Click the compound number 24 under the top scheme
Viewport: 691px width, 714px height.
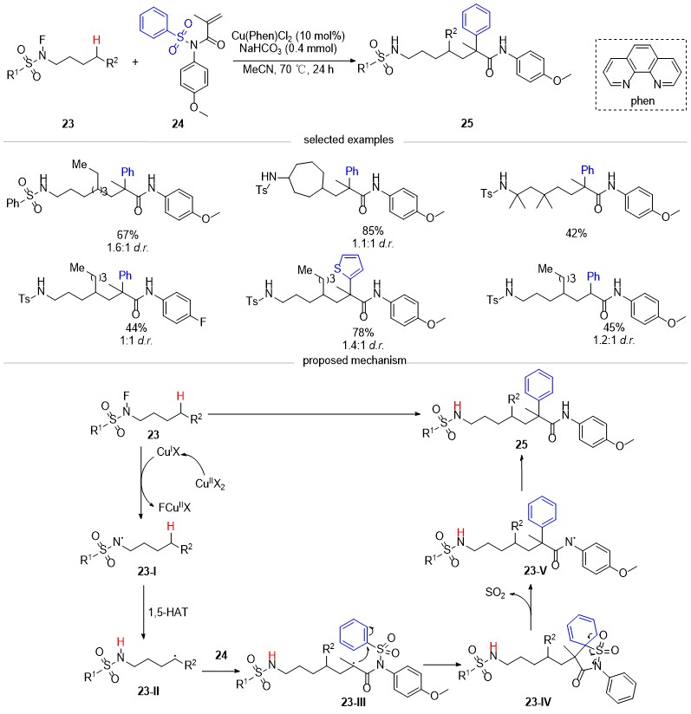pyautogui.click(x=178, y=123)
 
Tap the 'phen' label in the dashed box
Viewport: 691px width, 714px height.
pyautogui.click(x=642, y=101)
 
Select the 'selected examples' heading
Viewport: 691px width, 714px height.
pyautogui.click(x=349, y=140)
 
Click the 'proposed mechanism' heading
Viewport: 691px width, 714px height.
pyautogui.click(x=355, y=360)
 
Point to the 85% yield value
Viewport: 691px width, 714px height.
pyautogui.click(x=373, y=230)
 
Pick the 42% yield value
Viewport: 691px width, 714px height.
pyautogui.click(x=576, y=234)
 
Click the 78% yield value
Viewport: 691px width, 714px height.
pyautogui.click(x=363, y=333)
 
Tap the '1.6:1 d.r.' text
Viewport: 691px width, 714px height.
pyautogui.click(x=127, y=248)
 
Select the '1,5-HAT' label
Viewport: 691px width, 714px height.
pyautogui.click(x=168, y=612)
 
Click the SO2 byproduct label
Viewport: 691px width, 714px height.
pyautogui.click(x=495, y=593)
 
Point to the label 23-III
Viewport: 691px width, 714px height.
pyautogui.click(x=354, y=702)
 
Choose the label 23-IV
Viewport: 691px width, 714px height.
pyautogui.click(x=538, y=702)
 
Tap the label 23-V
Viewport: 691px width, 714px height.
pyautogui.click(x=535, y=570)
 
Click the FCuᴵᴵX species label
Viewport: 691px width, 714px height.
pyautogui.click(x=174, y=507)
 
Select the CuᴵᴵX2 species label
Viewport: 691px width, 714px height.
pyautogui.click(x=210, y=484)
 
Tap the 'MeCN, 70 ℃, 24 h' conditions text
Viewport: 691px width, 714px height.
pyautogui.click(x=288, y=69)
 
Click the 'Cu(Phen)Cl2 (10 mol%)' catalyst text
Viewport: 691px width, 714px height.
pyautogui.click(x=288, y=36)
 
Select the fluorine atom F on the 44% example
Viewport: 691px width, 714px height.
pyautogui.click(x=203, y=322)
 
